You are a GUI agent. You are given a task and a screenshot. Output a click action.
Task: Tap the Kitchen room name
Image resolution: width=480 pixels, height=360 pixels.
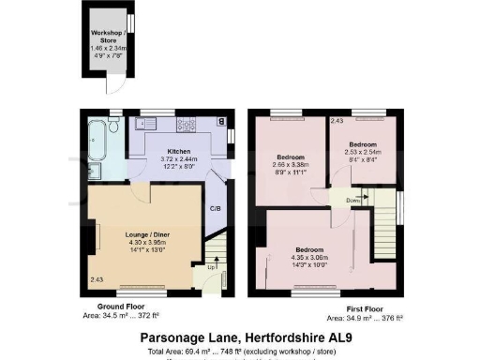coord(179,151)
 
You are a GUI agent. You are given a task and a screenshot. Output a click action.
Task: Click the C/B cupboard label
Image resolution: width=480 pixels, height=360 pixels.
coord(215,208)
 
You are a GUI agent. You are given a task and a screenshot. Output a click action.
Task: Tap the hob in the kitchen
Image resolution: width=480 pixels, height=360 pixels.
coord(186,123)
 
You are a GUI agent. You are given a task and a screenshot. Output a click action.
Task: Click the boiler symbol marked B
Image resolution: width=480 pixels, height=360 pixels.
coord(220,121)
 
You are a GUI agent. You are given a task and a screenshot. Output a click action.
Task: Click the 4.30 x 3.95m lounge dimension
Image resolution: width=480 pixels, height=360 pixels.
coord(144,244)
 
